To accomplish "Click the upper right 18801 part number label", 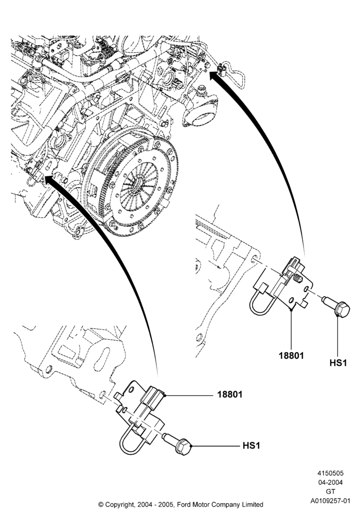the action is [291, 355].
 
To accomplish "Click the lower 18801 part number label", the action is [230, 394].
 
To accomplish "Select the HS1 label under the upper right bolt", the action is [338, 363].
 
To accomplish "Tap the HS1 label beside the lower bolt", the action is [251, 446].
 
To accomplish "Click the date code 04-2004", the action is [330, 482].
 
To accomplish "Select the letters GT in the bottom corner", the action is [331, 491].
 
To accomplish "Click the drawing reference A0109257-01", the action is [331, 501].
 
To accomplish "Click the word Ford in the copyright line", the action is [185, 504].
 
